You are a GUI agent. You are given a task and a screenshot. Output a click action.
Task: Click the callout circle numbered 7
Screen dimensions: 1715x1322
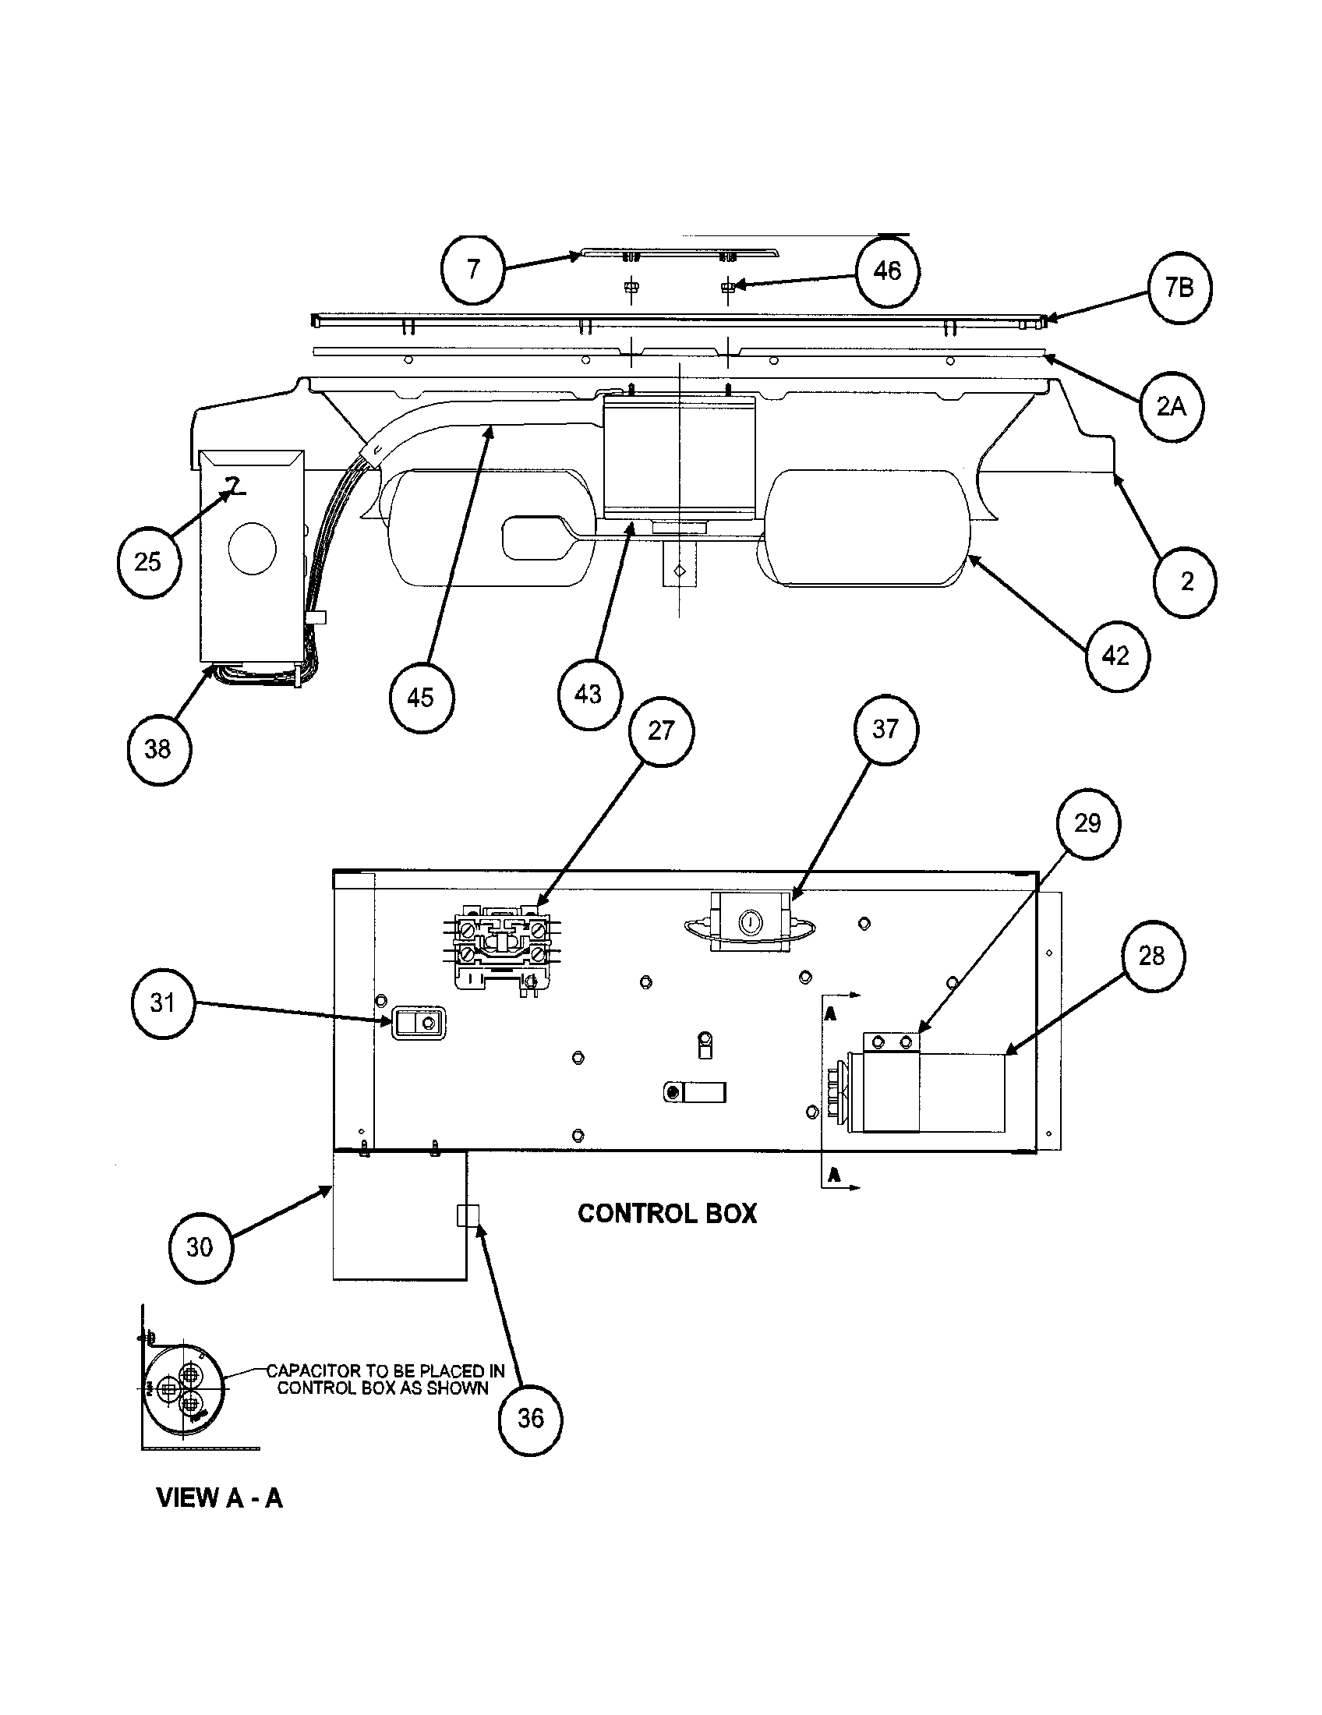[x=473, y=270]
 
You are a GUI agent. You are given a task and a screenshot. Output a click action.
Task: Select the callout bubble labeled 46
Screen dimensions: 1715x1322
[x=887, y=271]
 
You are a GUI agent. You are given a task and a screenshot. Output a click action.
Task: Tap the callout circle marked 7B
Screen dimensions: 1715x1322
[x=1179, y=289]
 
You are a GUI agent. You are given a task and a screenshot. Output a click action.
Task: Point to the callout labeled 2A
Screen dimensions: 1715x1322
[x=1171, y=407]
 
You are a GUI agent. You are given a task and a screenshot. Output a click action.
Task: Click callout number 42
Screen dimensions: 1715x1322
[x=1116, y=656]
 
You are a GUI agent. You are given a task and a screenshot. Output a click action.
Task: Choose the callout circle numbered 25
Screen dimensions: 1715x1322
[x=148, y=562]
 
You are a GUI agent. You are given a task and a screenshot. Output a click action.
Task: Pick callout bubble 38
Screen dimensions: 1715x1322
[x=158, y=749]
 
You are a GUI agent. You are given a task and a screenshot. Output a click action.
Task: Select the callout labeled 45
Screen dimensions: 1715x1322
[x=422, y=698]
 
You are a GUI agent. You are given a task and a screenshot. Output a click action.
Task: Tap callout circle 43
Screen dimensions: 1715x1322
[x=589, y=694]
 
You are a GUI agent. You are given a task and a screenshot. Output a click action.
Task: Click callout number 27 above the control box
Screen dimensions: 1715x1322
[x=661, y=731]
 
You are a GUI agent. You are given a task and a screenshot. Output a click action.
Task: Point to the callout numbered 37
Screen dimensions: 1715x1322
[x=885, y=730]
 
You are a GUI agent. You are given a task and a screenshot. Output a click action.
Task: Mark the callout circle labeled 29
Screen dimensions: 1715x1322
[x=1087, y=824]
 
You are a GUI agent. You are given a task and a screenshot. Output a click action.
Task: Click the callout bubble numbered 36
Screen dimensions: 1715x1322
[x=531, y=1418]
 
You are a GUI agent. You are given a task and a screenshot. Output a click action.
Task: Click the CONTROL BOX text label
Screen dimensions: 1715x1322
[x=666, y=1214]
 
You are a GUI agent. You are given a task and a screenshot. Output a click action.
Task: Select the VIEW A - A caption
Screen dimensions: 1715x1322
[x=220, y=1498]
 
